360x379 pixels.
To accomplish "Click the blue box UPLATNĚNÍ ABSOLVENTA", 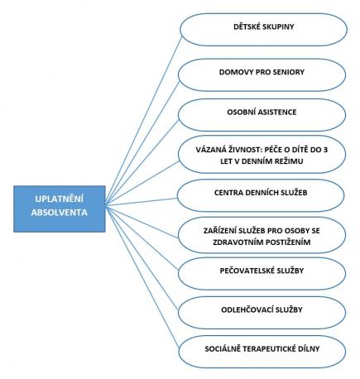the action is pos(60,209).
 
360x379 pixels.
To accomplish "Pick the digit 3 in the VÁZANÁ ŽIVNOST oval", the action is pos(325,150).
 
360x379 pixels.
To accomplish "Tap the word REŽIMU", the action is pos(289,161).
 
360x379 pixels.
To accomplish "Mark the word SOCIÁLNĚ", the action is pos(221,348).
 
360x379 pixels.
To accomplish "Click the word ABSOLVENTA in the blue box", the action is pos(60,213).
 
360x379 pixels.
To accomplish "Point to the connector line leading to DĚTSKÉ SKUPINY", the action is pos(143,120).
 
